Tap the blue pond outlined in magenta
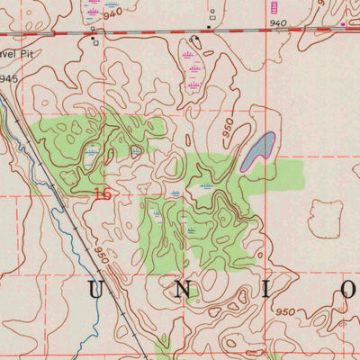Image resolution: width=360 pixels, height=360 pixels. click(258, 149)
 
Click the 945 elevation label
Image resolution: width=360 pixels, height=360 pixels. click(9, 79)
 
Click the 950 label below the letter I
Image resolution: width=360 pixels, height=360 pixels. click(287, 311)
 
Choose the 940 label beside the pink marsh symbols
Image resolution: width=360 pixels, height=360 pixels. click(112, 14)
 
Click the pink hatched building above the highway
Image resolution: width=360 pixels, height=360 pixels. click(274, 6)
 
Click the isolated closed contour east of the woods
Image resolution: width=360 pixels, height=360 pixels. click(325, 217)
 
